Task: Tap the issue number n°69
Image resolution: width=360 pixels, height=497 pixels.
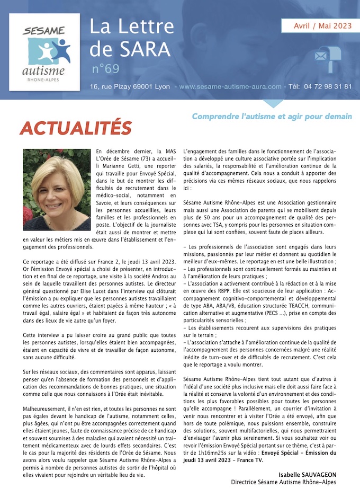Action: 105,69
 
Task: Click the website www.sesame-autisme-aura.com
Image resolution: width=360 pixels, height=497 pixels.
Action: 230,86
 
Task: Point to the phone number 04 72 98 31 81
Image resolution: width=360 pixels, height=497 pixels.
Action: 328,86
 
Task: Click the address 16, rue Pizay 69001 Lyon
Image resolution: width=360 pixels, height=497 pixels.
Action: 130,86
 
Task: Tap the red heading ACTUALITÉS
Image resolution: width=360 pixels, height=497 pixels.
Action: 75,128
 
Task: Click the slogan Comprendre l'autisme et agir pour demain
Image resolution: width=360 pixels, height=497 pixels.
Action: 272,116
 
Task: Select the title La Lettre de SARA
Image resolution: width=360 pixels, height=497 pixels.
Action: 131,37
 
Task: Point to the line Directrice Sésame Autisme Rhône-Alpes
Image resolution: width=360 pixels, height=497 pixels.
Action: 283,482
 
